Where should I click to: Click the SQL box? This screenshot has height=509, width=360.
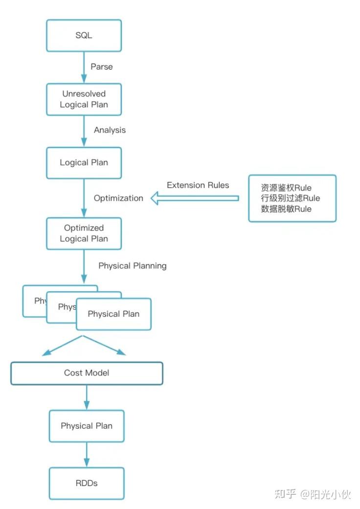click(x=84, y=36)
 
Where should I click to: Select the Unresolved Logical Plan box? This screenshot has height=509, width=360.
click(x=84, y=99)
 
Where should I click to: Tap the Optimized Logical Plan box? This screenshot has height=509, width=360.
click(x=84, y=233)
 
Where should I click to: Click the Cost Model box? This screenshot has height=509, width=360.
click(x=87, y=373)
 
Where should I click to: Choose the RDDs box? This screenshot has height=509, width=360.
click(x=87, y=483)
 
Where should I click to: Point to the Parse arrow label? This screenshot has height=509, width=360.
click(x=102, y=67)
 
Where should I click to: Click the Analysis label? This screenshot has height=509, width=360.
click(x=110, y=130)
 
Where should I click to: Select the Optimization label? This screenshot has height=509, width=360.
click(x=118, y=198)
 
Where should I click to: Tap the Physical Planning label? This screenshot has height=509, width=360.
click(x=133, y=266)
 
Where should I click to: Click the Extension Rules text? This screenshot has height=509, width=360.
click(x=198, y=185)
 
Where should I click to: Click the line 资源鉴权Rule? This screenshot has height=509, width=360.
click(x=286, y=188)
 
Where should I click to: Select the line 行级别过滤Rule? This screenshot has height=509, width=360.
click(x=291, y=198)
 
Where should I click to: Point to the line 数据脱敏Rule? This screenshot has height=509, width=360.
click(x=286, y=208)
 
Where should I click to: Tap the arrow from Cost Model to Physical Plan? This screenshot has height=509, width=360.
click(x=87, y=397)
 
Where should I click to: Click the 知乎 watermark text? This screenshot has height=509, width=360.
click(x=285, y=494)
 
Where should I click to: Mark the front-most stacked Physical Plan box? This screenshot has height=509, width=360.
click(x=113, y=314)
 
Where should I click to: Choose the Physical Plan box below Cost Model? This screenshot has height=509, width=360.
click(x=87, y=426)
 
